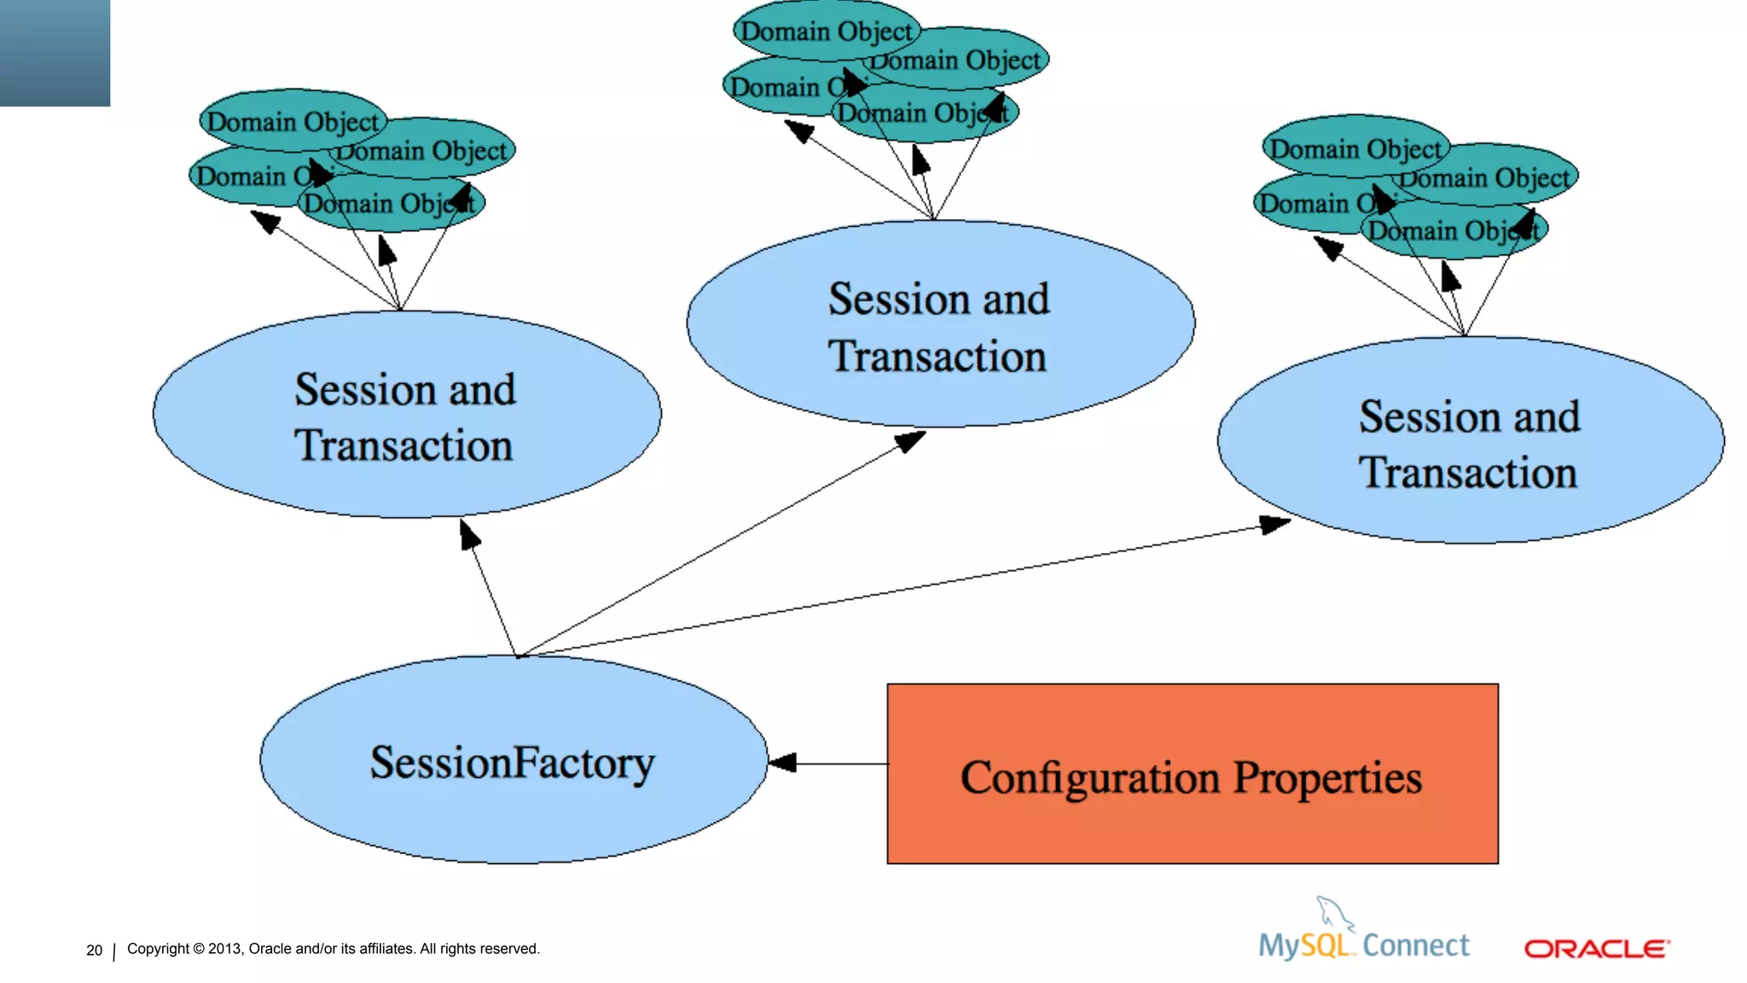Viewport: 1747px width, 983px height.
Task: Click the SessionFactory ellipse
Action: pos(513,760)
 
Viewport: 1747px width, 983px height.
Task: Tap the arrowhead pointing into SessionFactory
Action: pos(782,763)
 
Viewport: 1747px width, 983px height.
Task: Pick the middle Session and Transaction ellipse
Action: pos(939,324)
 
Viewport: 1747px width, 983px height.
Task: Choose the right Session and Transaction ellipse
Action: pos(1470,440)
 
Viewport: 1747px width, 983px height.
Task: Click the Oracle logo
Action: pos(1596,949)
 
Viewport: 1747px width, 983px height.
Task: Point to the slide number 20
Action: pos(94,950)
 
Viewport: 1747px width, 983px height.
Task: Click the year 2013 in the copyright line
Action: pos(224,949)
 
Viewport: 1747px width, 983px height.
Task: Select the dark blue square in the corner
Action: pos(55,52)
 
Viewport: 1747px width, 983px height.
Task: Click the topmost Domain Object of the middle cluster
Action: pos(826,32)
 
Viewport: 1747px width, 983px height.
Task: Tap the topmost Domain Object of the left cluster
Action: pos(292,121)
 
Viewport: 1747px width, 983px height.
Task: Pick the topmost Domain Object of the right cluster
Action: pos(1355,148)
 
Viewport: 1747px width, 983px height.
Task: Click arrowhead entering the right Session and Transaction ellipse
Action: pos(1274,524)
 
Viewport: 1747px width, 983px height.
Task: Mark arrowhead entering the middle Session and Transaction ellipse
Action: pos(910,441)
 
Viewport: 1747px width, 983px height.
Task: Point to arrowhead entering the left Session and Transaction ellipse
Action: pos(469,534)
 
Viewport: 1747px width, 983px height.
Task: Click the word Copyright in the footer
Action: pos(158,949)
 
